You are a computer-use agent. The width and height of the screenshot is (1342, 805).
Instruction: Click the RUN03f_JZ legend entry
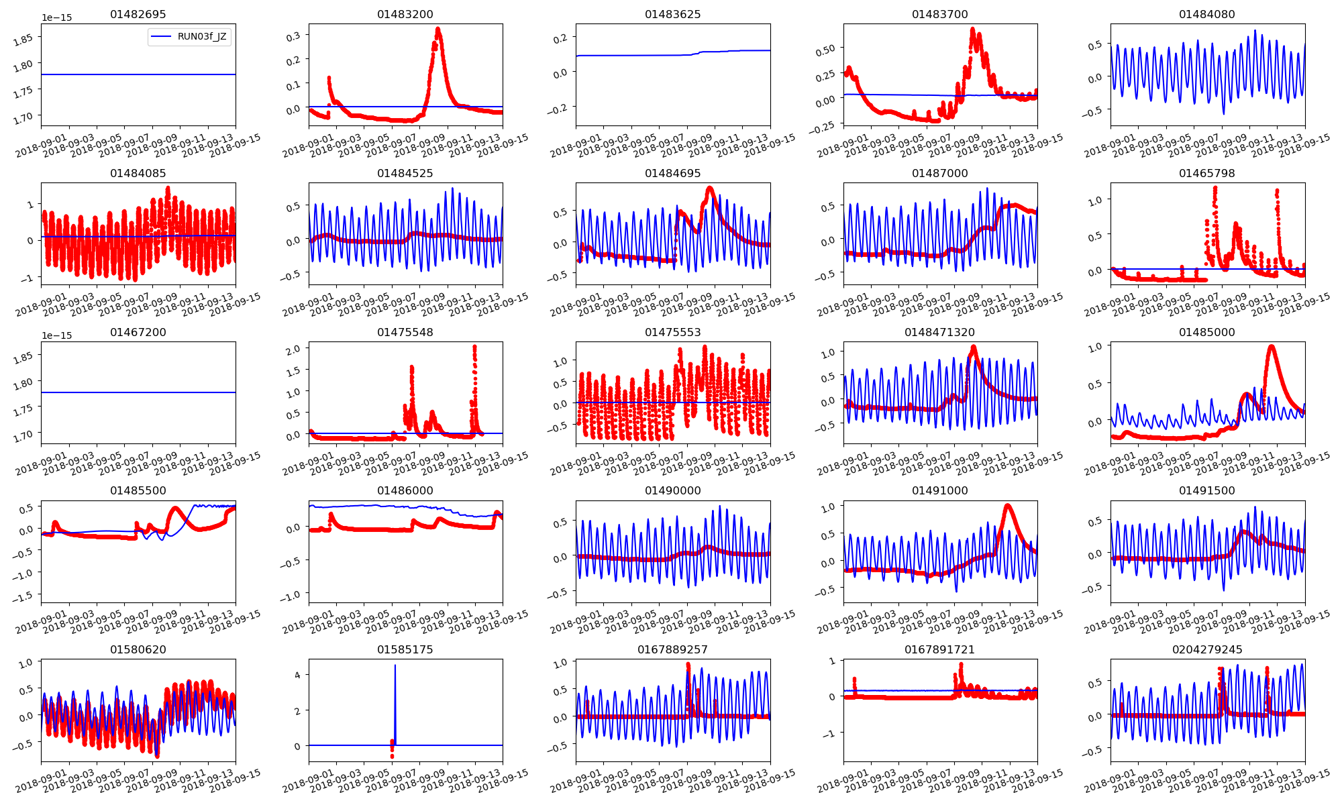[x=191, y=37]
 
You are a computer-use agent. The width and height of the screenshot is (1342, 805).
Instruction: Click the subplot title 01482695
[x=138, y=14]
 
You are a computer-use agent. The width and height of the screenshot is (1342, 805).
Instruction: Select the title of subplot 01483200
[x=405, y=14]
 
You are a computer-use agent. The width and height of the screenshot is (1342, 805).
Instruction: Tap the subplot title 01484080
[x=1206, y=14]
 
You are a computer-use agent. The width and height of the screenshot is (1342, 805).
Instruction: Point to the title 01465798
[x=1206, y=173]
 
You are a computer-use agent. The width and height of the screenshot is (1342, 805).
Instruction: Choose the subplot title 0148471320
[x=939, y=332]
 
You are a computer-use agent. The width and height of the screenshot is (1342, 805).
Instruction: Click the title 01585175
[x=405, y=649]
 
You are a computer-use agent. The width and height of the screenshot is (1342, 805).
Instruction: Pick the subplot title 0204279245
[x=1206, y=649]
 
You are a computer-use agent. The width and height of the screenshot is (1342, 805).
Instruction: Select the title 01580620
[x=138, y=649]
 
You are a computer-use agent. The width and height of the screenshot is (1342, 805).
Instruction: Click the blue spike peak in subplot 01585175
[x=395, y=665]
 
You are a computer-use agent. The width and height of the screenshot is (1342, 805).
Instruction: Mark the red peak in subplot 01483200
[x=438, y=29]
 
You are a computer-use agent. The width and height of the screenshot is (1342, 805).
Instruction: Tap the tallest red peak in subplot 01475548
[x=474, y=347]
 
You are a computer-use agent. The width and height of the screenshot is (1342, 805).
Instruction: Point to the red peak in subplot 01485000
[x=1272, y=346]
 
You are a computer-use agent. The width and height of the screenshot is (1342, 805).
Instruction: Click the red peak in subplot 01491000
[x=1007, y=505]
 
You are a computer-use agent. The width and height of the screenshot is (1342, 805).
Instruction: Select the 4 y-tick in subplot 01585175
[x=297, y=674]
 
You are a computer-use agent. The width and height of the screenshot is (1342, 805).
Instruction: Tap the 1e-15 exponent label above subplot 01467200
[x=56, y=335]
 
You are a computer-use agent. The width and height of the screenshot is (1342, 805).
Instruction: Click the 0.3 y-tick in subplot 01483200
[x=293, y=36]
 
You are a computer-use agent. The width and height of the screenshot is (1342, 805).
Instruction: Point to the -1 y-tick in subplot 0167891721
[x=831, y=733]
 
